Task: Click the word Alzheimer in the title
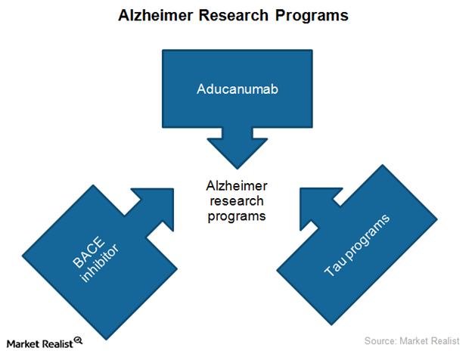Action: pos(156,15)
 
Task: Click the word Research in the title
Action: pos(233,15)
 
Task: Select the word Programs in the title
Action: pos(312,16)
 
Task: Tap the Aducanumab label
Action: pos(238,89)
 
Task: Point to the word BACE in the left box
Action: pos(89,252)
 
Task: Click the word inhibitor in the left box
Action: pos(100,263)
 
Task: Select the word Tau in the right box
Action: pos(335,266)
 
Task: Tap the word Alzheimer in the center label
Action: pos(237,186)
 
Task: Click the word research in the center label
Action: pos(237,201)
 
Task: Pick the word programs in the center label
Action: pos(237,216)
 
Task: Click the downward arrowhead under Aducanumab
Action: pos(238,153)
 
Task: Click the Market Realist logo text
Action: pos(45,344)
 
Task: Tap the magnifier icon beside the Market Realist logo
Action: pos(79,340)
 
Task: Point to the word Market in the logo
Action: pos(22,344)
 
